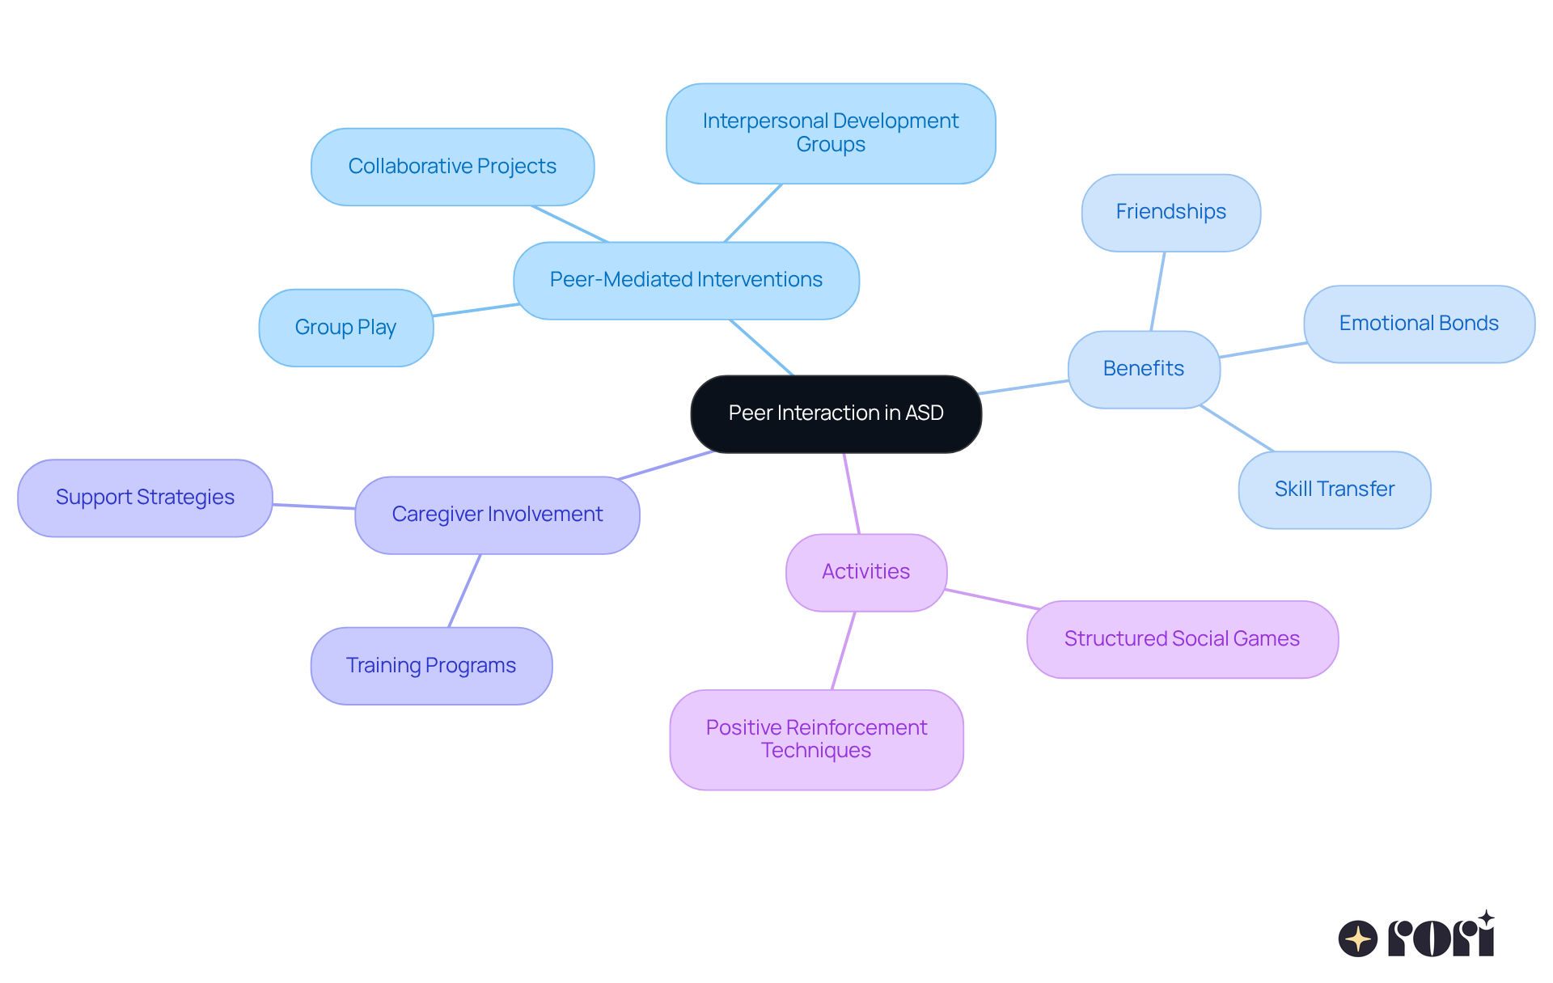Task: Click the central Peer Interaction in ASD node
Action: [x=836, y=413]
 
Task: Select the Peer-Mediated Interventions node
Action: [x=686, y=280]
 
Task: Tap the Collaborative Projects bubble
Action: [x=452, y=167]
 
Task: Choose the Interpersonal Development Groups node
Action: [x=831, y=133]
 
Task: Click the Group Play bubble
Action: [x=345, y=328]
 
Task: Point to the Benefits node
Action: [x=1143, y=369]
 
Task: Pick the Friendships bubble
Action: [x=1170, y=212]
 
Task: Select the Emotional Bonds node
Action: [x=1419, y=324]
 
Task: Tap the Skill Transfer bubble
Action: [x=1334, y=489]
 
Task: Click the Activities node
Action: [x=865, y=572]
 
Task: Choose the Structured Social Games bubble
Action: [x=1182, y=639]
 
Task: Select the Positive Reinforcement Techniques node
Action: [x=816, y=739]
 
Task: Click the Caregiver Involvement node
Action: [x=497, y=515]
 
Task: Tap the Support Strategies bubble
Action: [x=145, y=498]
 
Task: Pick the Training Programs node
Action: [x=431, y=666]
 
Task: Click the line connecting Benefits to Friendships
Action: [x=1157, y=291]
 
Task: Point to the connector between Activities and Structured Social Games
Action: [x=992, y=600]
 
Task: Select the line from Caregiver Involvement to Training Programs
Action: [x=464, y=591]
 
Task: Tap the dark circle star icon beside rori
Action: [x=1357, y=939]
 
